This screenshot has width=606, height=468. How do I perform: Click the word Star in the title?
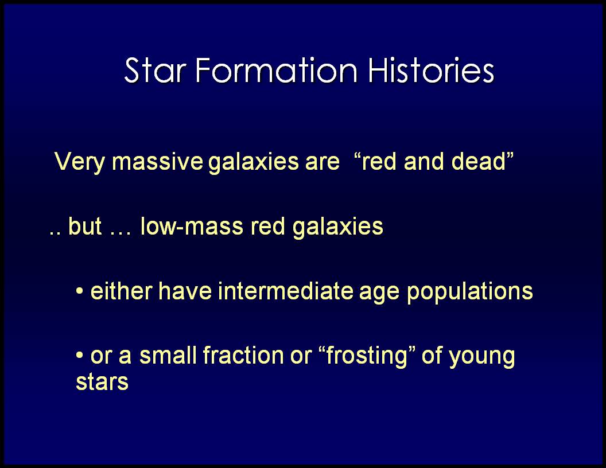point(156,71)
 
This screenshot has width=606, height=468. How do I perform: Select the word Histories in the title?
point(431,71)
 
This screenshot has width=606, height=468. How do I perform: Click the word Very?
point(79,162)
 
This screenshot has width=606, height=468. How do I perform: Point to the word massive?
point(157,161)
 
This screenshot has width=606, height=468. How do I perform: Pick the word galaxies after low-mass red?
point(338,227)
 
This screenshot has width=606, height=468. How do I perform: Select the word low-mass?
point(192,226)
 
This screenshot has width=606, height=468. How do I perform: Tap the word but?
point(85,226)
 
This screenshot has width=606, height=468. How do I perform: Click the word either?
point(121,291)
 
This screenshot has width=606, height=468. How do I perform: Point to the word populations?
point(470,292)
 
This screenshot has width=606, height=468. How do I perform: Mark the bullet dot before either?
point(80,291)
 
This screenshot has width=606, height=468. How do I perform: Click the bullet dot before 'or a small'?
point(80,355)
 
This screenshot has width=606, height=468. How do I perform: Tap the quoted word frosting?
point(366,356)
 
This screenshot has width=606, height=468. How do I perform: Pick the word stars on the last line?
point(102,383)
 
